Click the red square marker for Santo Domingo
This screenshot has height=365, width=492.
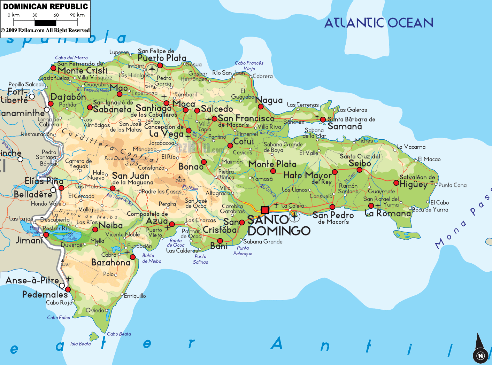(265, 210)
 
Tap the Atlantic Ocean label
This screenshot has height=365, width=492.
(379, 23)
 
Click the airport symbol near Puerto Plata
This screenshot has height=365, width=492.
(152, 69)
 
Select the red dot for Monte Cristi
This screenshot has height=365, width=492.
(53, 68)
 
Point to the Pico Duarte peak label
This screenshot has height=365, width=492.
(116, 158)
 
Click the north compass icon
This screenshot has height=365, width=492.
(480, 355)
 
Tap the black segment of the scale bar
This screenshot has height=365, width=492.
(45, 23)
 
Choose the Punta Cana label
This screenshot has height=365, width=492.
(452, 185)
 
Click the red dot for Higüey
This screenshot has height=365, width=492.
(396, 183)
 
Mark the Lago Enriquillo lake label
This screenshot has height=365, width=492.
(69, 236)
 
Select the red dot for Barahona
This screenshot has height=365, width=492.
(133, 257)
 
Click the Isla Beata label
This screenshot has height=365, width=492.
(80, 344)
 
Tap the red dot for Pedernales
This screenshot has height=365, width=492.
(68, 289)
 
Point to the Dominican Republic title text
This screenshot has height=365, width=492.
(45, 7)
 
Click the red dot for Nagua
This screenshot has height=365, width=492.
(261, 106)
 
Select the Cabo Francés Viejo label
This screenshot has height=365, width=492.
(249, 65)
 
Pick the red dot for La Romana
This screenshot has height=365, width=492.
(371, 206)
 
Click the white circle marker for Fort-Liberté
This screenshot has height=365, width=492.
(32, 96)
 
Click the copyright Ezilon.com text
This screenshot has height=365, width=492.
(45, 30)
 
